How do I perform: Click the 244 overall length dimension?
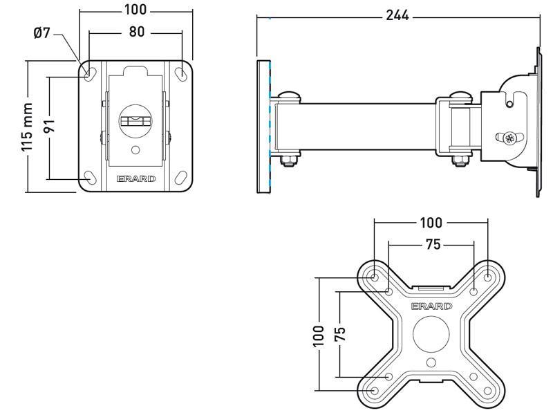coord(398,15)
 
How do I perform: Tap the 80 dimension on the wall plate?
coord(135,32)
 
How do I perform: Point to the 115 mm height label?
coord(27,127)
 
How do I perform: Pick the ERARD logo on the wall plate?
coord(136,178)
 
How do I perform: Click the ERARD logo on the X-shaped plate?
coord(431,306)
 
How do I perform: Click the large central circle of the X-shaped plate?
coord(431,333)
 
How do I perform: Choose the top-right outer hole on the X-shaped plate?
coord(488,277)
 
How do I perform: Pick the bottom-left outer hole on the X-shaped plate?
coord(374,391)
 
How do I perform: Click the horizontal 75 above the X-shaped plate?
coord(431,244)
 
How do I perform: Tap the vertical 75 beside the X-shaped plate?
coord(340,335)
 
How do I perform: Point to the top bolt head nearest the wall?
coord(289,95)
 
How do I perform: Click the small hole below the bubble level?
coord(136,149)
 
